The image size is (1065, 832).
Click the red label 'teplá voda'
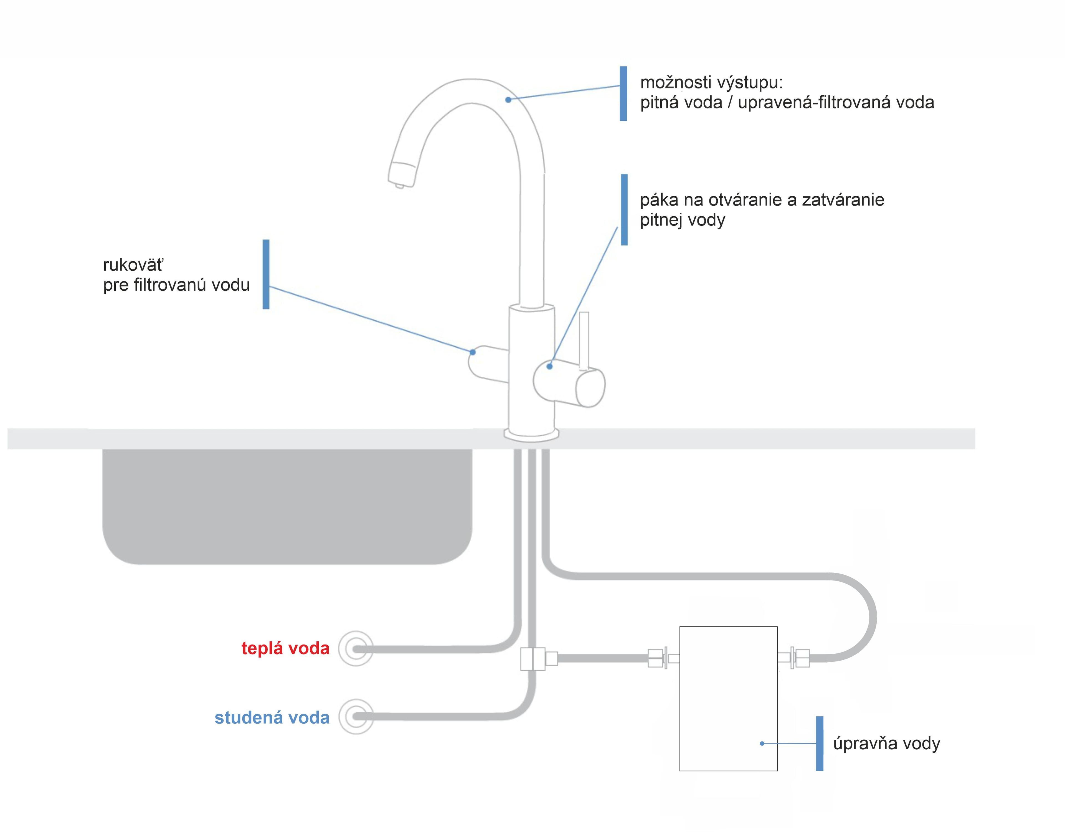point(285,648)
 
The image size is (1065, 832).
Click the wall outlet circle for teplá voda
point(356,649)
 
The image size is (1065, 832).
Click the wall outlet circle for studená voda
point(356,717)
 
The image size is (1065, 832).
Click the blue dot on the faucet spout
point(508,100)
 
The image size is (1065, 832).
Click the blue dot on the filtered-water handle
point(473,352)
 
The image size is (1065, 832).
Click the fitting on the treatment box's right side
point(793,658)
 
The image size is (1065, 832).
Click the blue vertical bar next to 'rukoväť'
point(266,274)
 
